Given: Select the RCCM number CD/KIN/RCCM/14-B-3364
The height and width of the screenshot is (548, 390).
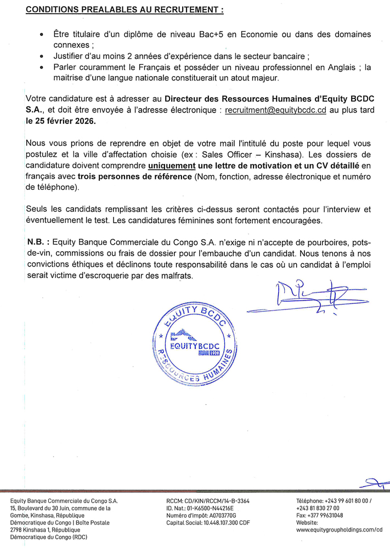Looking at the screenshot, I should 208,501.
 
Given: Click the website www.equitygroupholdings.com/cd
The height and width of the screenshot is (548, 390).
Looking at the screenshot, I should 339,530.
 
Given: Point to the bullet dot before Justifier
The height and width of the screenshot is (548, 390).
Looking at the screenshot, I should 42,57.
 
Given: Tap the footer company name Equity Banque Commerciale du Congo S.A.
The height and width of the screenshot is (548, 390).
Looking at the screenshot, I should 64,501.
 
